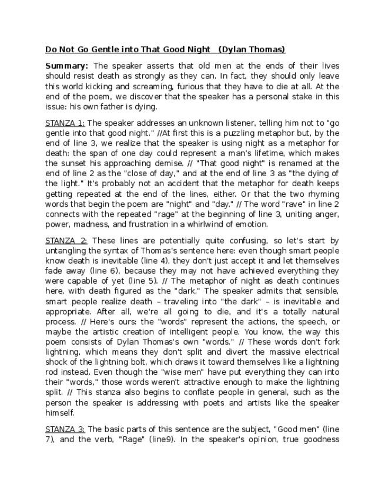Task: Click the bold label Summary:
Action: [67, 66]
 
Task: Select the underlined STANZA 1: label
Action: [65, 123]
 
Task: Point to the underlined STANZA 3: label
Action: [65, 429]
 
